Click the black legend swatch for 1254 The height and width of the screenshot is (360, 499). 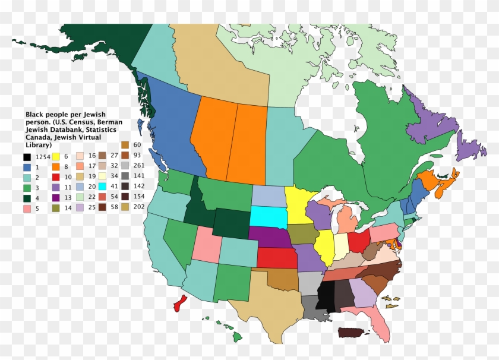[27, 157]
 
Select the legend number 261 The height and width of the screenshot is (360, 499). [139, 165]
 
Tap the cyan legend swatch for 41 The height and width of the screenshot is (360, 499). [102, 186]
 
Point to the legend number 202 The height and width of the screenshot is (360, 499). [139, 207]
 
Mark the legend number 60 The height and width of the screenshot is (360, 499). [137, 145]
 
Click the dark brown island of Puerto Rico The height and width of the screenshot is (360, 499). [354, 333]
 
